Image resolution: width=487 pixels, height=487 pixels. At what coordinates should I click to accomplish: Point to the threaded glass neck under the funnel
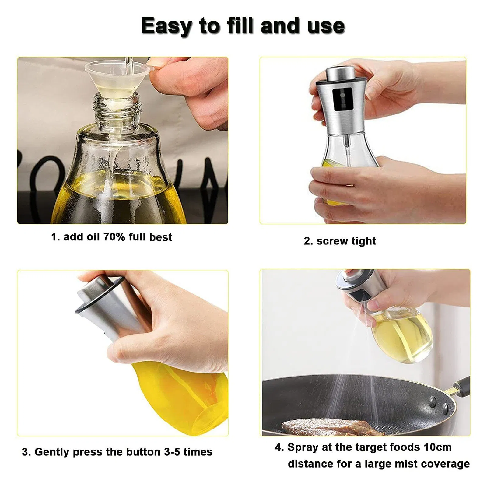(x=117, y=108)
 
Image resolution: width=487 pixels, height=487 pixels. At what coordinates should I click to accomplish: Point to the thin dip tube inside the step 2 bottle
(x=346, y=152)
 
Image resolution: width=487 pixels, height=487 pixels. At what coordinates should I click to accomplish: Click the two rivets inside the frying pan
(x=438, y=405)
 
